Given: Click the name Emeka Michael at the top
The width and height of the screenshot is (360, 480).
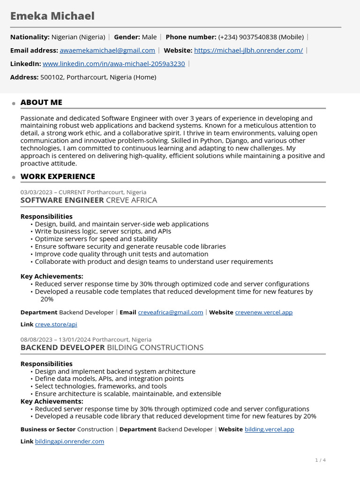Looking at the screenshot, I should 52,16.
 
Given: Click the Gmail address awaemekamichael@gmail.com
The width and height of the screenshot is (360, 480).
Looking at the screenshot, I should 107,50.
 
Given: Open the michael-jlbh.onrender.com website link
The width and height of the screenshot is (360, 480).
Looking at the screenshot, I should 248,50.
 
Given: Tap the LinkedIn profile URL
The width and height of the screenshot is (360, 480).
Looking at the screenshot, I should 113,64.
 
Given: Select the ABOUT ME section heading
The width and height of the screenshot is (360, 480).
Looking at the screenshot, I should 41,102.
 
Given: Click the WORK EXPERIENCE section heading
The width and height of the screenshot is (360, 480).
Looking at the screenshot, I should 58,176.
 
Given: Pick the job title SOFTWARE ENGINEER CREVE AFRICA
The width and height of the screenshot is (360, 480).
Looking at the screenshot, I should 89,200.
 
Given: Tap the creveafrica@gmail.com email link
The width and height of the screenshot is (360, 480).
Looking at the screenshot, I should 171,312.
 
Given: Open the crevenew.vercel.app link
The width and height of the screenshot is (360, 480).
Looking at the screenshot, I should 263,312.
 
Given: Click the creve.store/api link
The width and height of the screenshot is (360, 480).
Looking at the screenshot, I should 56,324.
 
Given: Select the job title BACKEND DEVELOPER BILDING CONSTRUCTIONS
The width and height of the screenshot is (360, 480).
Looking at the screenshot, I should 112,347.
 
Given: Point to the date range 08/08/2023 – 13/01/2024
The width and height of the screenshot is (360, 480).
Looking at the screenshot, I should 55,339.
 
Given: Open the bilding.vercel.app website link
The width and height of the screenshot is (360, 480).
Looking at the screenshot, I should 269,429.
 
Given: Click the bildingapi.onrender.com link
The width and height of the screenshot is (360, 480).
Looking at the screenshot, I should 69,442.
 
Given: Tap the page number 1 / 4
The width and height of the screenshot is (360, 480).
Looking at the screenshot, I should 320,460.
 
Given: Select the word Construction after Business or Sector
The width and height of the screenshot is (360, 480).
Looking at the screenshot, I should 95,429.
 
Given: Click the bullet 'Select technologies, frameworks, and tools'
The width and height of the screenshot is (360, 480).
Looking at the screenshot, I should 101,386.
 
